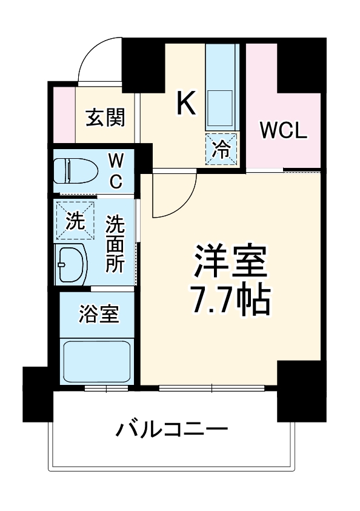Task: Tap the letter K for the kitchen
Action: [x=186, y=102]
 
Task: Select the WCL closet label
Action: [x=284, y=130]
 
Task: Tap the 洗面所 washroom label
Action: [x=115, y=242]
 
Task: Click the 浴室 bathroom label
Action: [x=99, y=313]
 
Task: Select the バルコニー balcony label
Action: [x=172, y=431]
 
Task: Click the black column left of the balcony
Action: [x=37, y=393]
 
